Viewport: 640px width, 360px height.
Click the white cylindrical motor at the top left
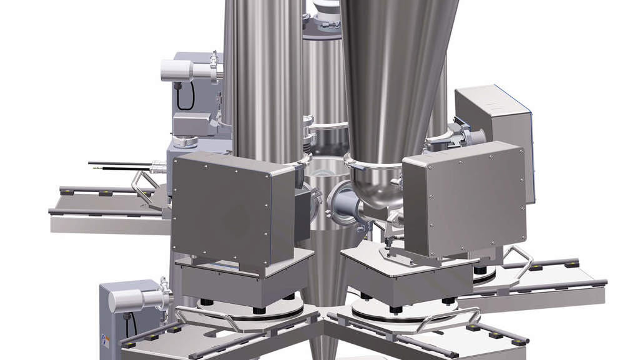pyautogui.click(x=177, y=70)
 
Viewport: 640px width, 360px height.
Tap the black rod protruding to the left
pyautogui.click(x=119, y=165)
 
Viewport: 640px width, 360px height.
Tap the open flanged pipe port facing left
pyautogui.click(x=340, y=203)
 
